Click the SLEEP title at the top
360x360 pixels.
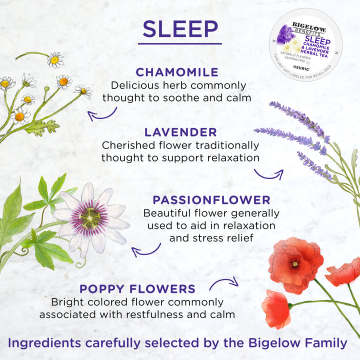point(180,29)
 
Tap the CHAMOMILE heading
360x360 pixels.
point(177,72)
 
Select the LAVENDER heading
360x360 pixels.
point(180,132)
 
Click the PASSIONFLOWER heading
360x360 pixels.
point(211,200)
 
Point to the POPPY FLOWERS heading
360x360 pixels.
point(137,289)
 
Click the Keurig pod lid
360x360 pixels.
point(305,44)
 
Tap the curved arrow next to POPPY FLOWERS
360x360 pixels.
point(223,284)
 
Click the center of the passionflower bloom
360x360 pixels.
point(90,217)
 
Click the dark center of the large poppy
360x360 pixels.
point(295,262)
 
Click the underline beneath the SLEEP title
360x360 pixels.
point(180,43)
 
